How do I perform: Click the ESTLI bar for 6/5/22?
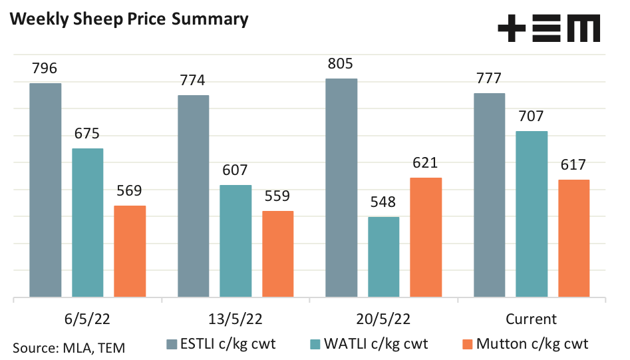point(45,190)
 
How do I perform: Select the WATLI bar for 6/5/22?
point(88,222)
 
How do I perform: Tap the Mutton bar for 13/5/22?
point(277,254)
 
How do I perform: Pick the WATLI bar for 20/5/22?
point(383,256)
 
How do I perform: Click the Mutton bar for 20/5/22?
point(426,237)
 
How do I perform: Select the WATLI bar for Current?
point(532,214)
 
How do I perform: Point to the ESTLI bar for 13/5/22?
point(193,196)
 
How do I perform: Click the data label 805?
point(340,65)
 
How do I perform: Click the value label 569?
point(129,192)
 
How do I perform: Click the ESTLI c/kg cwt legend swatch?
point(171,344)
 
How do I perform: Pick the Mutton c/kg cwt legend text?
point(532,344)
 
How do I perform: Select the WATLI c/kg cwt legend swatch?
point(315,344)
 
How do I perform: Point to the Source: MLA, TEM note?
point(69,347)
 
